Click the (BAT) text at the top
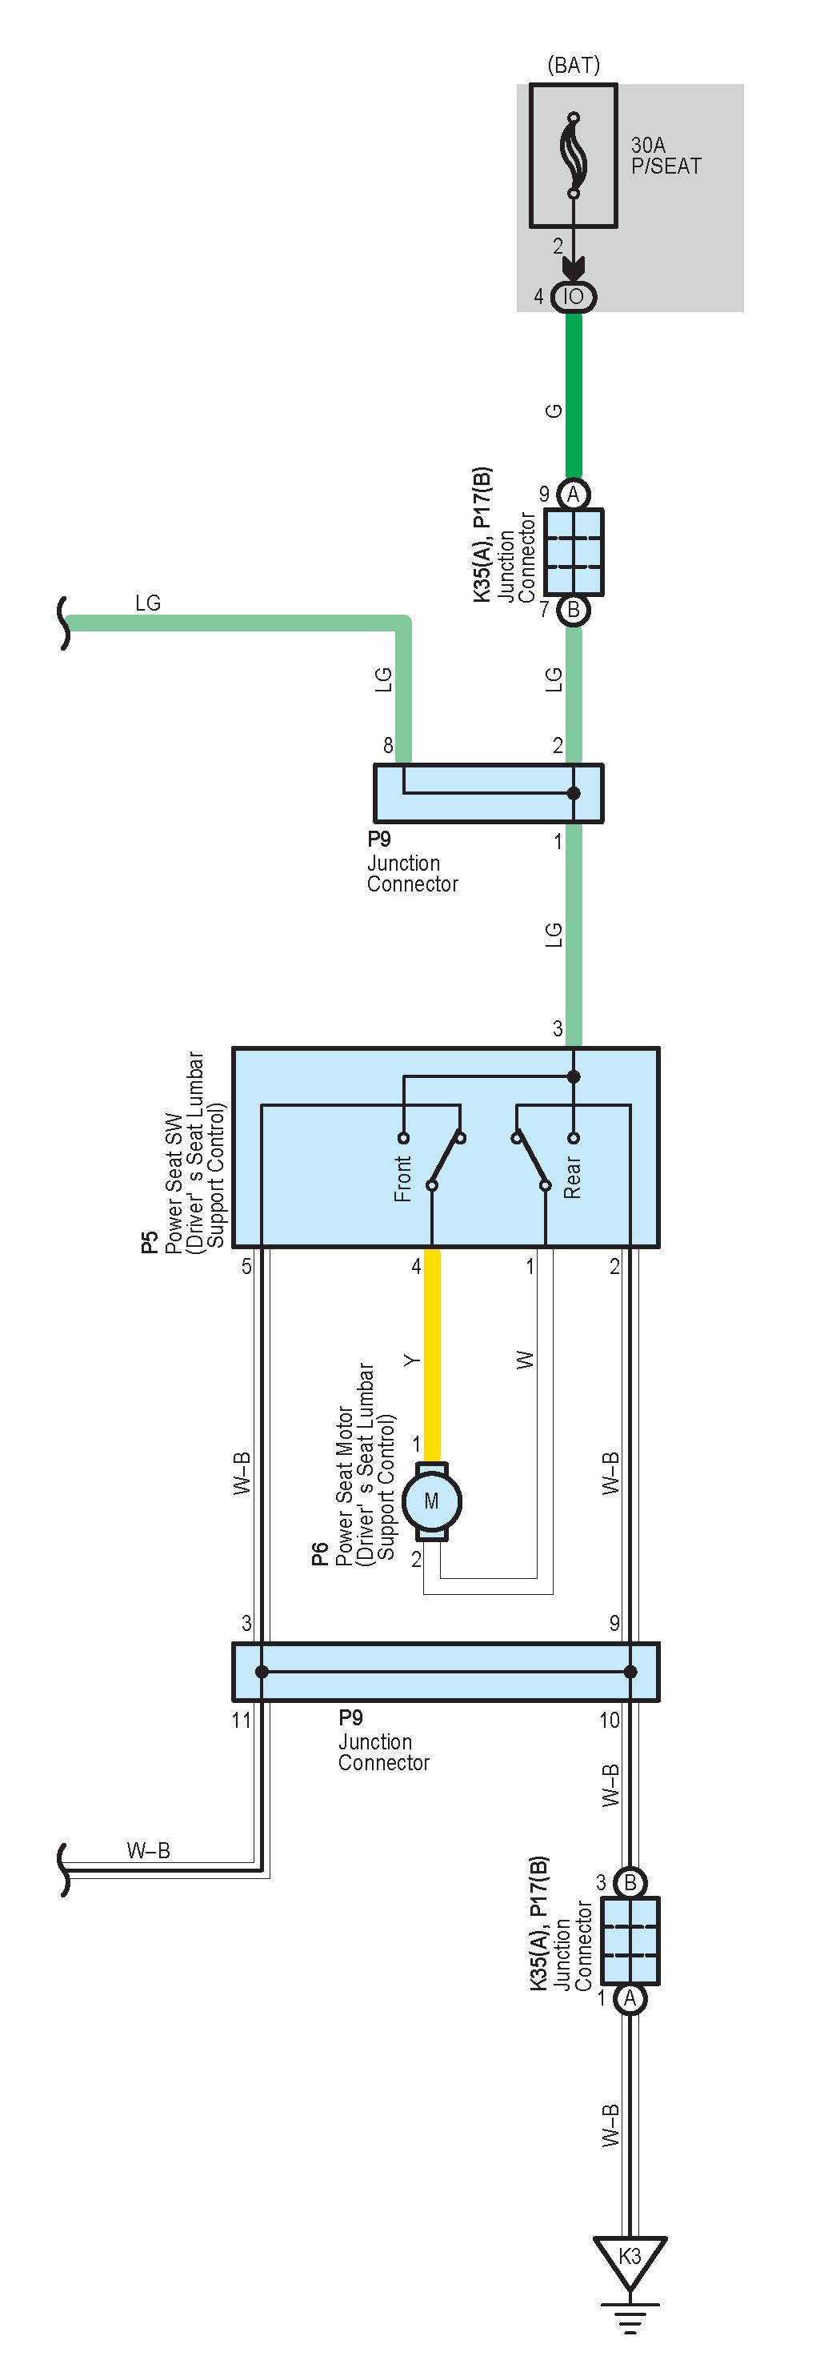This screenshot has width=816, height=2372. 573,66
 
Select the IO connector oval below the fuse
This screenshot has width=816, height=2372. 574,296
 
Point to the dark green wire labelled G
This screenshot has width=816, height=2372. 574,396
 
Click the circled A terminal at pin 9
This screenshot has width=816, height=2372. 574,495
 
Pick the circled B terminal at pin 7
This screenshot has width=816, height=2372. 574,610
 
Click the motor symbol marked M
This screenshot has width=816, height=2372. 432,1502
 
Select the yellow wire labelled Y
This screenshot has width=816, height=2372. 431,1353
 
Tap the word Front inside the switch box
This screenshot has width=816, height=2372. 402,1179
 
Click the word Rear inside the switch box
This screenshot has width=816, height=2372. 572,1178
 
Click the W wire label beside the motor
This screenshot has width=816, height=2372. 525,1359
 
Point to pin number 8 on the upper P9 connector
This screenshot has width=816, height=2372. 388,746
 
